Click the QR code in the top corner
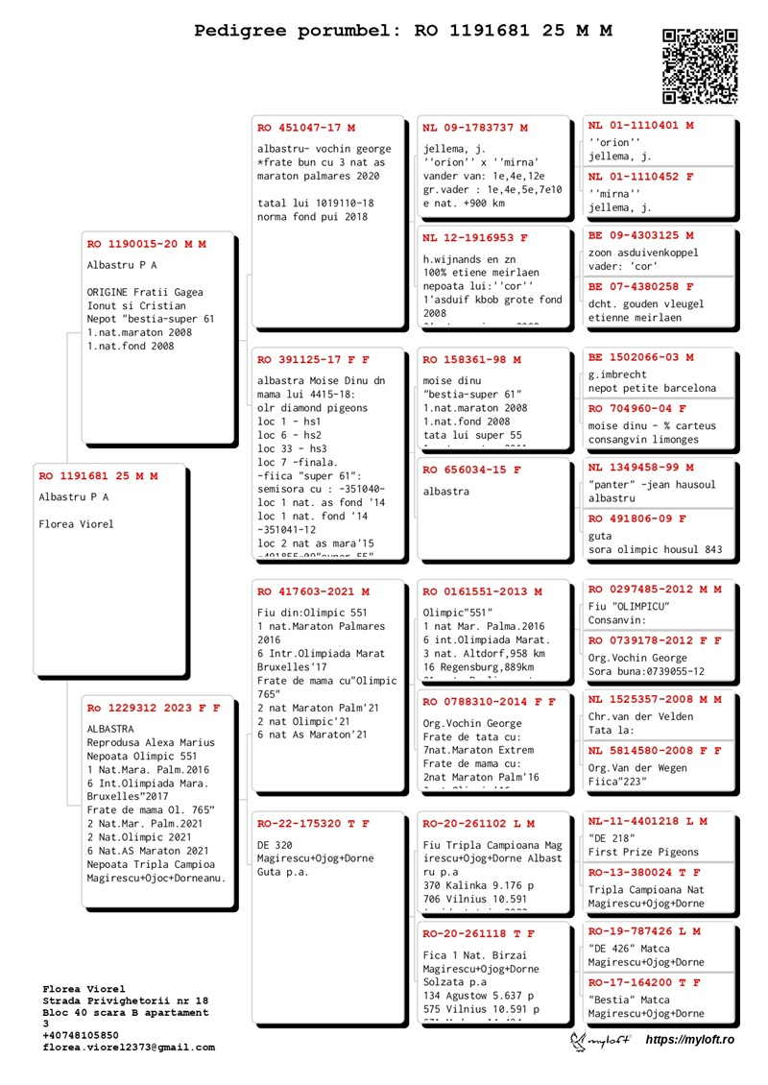pos(700,66)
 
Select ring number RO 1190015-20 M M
pos(147,245)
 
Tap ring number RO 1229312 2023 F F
pos(154,708)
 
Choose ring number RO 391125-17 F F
pos(313,360)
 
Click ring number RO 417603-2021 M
pos(313,591)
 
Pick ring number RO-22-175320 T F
pos(313,824)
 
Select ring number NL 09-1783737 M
pos(475,128)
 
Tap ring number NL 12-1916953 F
pos(475,237)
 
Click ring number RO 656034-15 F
pos(471,470)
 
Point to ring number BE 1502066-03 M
pos(640,357)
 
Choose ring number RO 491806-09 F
pos(637,518)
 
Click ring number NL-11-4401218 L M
pos(648,821)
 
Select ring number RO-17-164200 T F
pos(644,982)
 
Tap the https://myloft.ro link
pos(689,1040)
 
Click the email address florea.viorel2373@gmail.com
pos(129,1048)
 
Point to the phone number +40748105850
pos(81,1036)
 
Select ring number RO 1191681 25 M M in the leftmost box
pos(98,476)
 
